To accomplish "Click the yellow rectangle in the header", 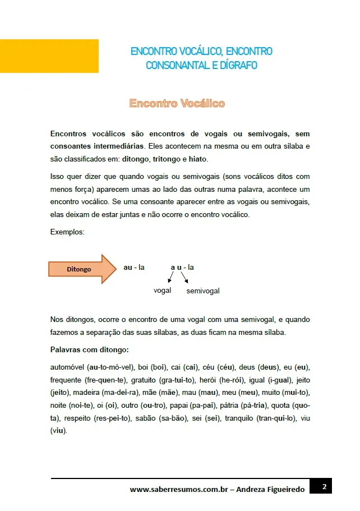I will click(x=49, y=56).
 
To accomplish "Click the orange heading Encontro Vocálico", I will click(x=177, y=103).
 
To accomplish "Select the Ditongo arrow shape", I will click(x=84, y=269).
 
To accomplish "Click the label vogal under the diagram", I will click(x=162, y=291).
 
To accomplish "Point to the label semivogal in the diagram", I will click(x=202, y=291).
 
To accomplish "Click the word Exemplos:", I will click(x=67, y=232).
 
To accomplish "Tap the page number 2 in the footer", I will click(x=324, y=486).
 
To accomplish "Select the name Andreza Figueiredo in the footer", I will click(x=270, y=489).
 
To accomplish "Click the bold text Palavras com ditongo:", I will click(x=89, y=349).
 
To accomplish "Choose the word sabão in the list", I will click(x=146, y=418).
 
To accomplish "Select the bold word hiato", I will click(x=198, y=159).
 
